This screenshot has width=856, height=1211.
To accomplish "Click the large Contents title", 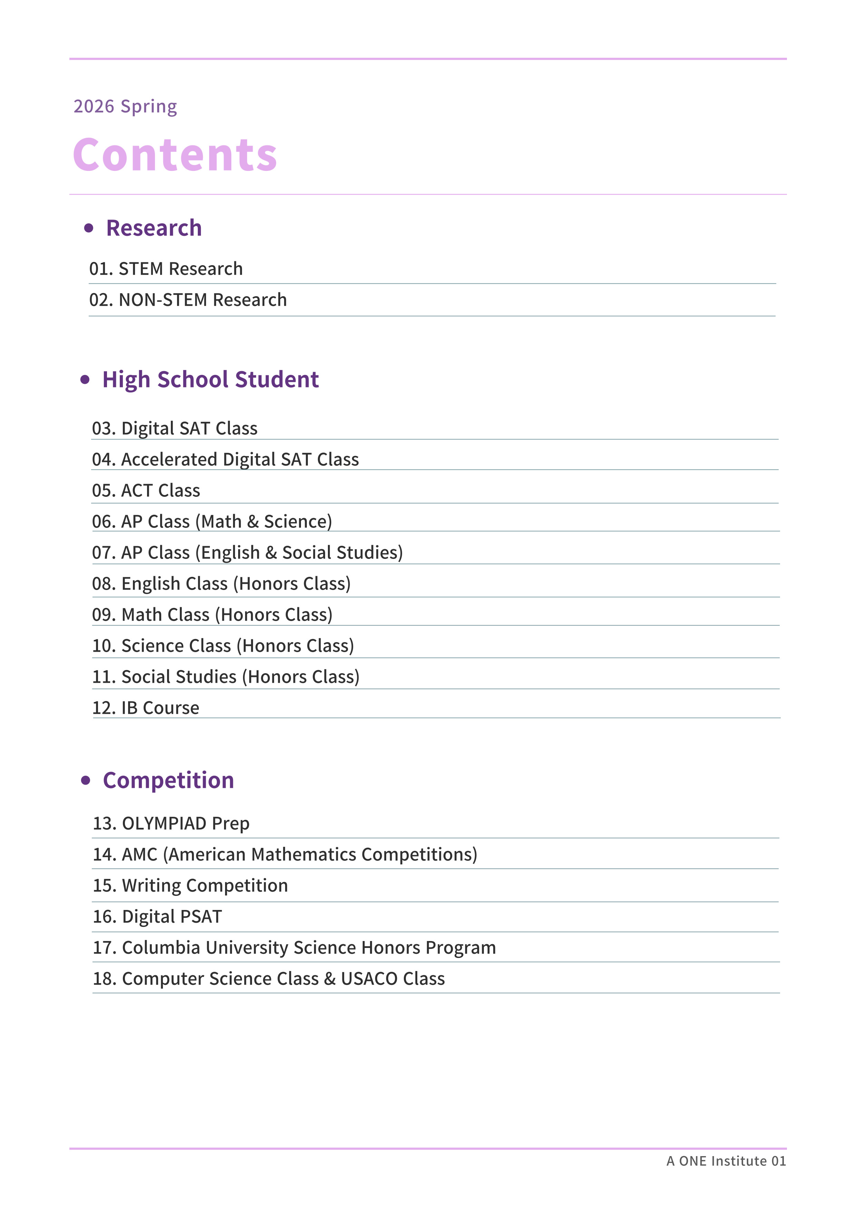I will tap(175, 155).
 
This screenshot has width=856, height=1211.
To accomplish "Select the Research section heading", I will tap(154, 228).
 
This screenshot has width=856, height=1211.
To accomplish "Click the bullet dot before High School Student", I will tap(85, 380).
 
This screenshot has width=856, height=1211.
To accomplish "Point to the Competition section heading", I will tap(168, 780).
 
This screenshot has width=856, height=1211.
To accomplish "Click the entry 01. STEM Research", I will tap(166, 269).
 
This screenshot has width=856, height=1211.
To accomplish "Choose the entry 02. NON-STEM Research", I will tap(188, 300).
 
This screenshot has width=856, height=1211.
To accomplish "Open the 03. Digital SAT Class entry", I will tap(175, 428).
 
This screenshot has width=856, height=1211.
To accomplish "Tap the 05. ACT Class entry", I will tap(146, 491).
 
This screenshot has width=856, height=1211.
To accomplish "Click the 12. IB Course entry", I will tap(146, 708).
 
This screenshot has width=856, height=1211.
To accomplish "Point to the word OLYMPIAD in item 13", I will tap(164, 823).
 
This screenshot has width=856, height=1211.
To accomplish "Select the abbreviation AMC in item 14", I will tap(140, 854).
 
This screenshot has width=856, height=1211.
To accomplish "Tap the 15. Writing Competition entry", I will tap(191, 885).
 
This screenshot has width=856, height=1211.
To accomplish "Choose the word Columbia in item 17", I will tap(162, 948).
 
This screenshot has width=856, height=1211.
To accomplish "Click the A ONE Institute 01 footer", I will tap(726, 1161).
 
